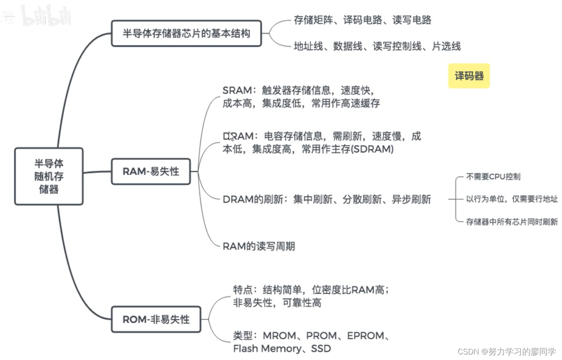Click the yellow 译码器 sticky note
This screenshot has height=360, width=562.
pos(469,76)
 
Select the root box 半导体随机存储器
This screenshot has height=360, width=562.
pos(49,176)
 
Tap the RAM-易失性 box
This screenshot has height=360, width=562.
pos(151,171)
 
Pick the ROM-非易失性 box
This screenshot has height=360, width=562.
pos(156,319)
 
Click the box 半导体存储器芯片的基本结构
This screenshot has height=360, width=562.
pos(186,33)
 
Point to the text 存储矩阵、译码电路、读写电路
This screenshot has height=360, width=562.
pos(362,20)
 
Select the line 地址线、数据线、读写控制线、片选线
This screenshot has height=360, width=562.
pos(377,46)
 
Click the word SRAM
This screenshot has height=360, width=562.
pos(237,90)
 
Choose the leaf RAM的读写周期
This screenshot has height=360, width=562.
pos(259,246)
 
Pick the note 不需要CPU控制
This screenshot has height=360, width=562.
pos(493,177)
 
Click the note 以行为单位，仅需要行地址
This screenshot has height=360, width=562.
pos(512,199)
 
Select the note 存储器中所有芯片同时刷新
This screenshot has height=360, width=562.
pos(512,222)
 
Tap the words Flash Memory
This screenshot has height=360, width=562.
pos(267,349)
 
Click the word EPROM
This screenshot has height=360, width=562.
pos(366,336)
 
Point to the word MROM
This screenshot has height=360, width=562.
pos(279,336)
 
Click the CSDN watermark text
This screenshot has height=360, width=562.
pos(507,352)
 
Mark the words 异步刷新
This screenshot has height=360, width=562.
pos(411,200)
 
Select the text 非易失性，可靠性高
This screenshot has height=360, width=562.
pos(277,303)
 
